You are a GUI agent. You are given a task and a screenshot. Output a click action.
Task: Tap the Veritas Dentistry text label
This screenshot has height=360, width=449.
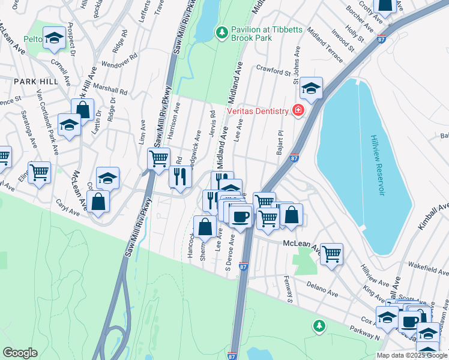(x=256, y=110)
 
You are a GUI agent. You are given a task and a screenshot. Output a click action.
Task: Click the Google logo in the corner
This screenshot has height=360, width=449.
(x=20, y=353)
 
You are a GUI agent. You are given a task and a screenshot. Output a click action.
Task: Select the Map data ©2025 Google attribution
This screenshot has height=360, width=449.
(x=411, y=355)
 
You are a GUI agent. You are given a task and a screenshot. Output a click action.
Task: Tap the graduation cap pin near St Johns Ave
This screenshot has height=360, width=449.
(x=311, y=88)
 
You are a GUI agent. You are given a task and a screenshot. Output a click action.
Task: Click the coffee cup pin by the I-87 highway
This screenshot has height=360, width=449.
(x=240, y=216)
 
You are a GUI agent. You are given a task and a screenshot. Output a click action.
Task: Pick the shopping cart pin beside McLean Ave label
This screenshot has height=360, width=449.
(x=331, y=254)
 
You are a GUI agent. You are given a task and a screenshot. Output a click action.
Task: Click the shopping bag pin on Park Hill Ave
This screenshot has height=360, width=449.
(x=83, y=110)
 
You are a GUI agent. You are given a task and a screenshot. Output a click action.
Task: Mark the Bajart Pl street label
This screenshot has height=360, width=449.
(x=280, y=142)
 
